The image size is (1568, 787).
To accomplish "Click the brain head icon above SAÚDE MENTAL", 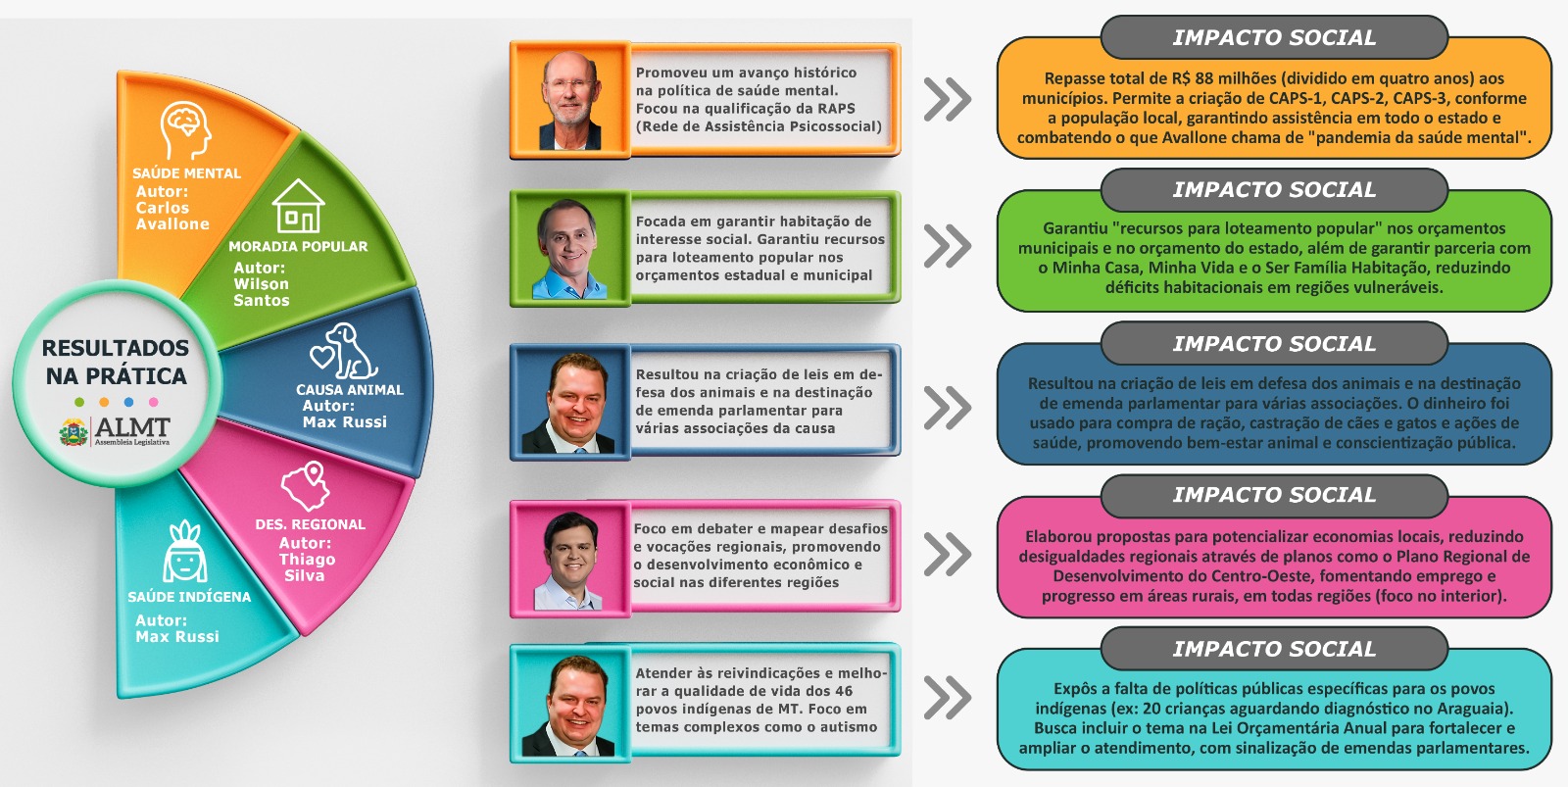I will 186,131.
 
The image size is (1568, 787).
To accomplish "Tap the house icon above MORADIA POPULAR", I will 298,206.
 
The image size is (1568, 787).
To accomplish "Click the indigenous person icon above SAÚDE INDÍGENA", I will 185,554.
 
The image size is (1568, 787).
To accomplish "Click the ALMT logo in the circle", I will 116,430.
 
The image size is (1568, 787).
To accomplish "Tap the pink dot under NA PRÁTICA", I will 153,402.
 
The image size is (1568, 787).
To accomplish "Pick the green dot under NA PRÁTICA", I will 79,402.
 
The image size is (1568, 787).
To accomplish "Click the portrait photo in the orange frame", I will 569,100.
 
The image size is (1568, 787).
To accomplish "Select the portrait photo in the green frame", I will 569,249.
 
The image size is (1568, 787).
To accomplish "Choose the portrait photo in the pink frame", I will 569,560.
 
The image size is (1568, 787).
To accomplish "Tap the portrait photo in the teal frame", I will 569,705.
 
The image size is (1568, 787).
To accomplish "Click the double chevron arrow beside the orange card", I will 947,100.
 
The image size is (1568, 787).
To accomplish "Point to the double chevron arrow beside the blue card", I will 947,408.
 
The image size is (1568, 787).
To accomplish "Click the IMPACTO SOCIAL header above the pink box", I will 1274,496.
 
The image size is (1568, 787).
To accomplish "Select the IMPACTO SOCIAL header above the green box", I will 1274,190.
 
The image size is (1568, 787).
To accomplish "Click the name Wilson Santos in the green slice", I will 262,292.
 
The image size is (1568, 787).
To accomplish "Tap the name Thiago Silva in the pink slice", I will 307,567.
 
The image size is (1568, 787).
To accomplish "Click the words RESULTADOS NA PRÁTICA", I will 116,362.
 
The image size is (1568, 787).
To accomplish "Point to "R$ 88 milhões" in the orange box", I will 1218,78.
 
